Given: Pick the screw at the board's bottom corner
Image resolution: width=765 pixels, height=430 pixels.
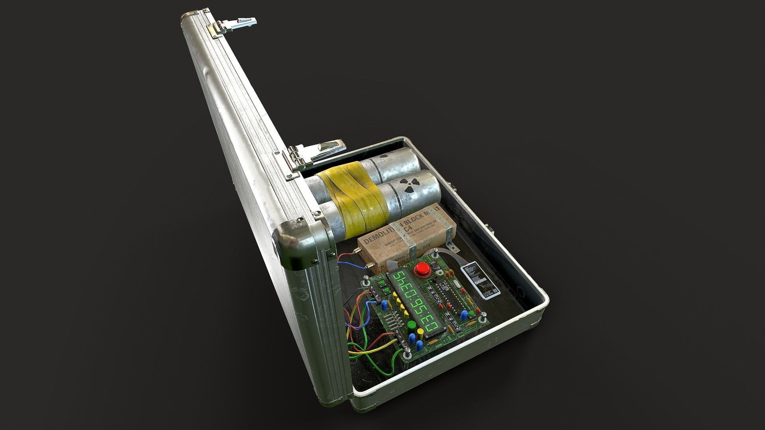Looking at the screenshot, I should click(x=408, y=354).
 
